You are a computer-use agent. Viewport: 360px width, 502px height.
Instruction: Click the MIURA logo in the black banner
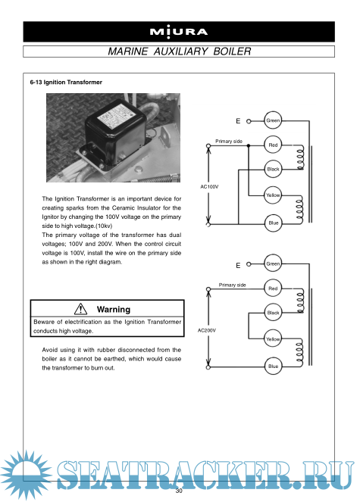179,32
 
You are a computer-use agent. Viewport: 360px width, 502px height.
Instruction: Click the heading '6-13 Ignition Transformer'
66,83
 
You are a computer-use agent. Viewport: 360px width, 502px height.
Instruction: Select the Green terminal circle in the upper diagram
273,120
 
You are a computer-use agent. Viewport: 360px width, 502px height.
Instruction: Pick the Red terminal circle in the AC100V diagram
273,145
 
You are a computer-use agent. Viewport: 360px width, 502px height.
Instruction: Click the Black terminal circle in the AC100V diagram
273,169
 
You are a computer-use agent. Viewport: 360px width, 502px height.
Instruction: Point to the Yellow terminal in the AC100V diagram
273,195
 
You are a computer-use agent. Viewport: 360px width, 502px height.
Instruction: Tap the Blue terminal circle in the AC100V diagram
273,223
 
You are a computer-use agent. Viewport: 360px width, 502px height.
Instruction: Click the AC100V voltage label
209,187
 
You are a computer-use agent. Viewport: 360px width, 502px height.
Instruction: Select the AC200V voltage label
207,330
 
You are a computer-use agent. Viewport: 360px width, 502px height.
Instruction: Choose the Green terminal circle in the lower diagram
273,263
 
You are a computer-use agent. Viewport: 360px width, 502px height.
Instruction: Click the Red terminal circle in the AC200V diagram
273,288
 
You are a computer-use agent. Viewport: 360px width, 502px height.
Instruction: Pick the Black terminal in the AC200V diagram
273,313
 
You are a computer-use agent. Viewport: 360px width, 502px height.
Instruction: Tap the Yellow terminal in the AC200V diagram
273,338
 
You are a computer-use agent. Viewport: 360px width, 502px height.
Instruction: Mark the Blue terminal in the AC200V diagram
273,366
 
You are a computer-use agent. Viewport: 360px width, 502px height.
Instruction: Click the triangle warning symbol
80,309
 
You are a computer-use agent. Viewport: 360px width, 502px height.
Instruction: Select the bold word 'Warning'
114,309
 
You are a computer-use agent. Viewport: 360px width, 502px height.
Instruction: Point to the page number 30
179,491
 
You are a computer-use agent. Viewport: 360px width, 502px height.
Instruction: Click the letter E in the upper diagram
238,121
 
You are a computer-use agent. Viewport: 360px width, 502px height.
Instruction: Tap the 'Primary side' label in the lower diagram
233,285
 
